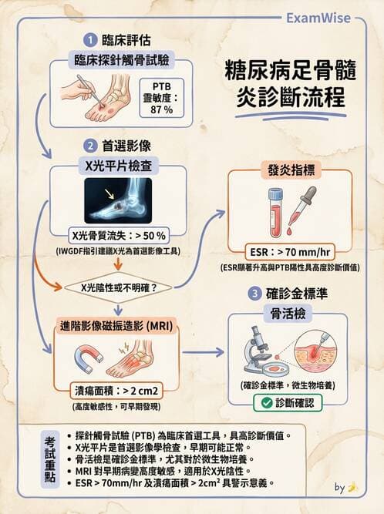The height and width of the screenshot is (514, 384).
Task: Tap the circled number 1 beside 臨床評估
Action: (91, 39)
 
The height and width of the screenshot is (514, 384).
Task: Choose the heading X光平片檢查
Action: (117, 163)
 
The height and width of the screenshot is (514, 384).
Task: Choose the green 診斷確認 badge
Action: (291, 402)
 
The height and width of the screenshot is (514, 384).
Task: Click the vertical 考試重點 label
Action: (51, 459)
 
